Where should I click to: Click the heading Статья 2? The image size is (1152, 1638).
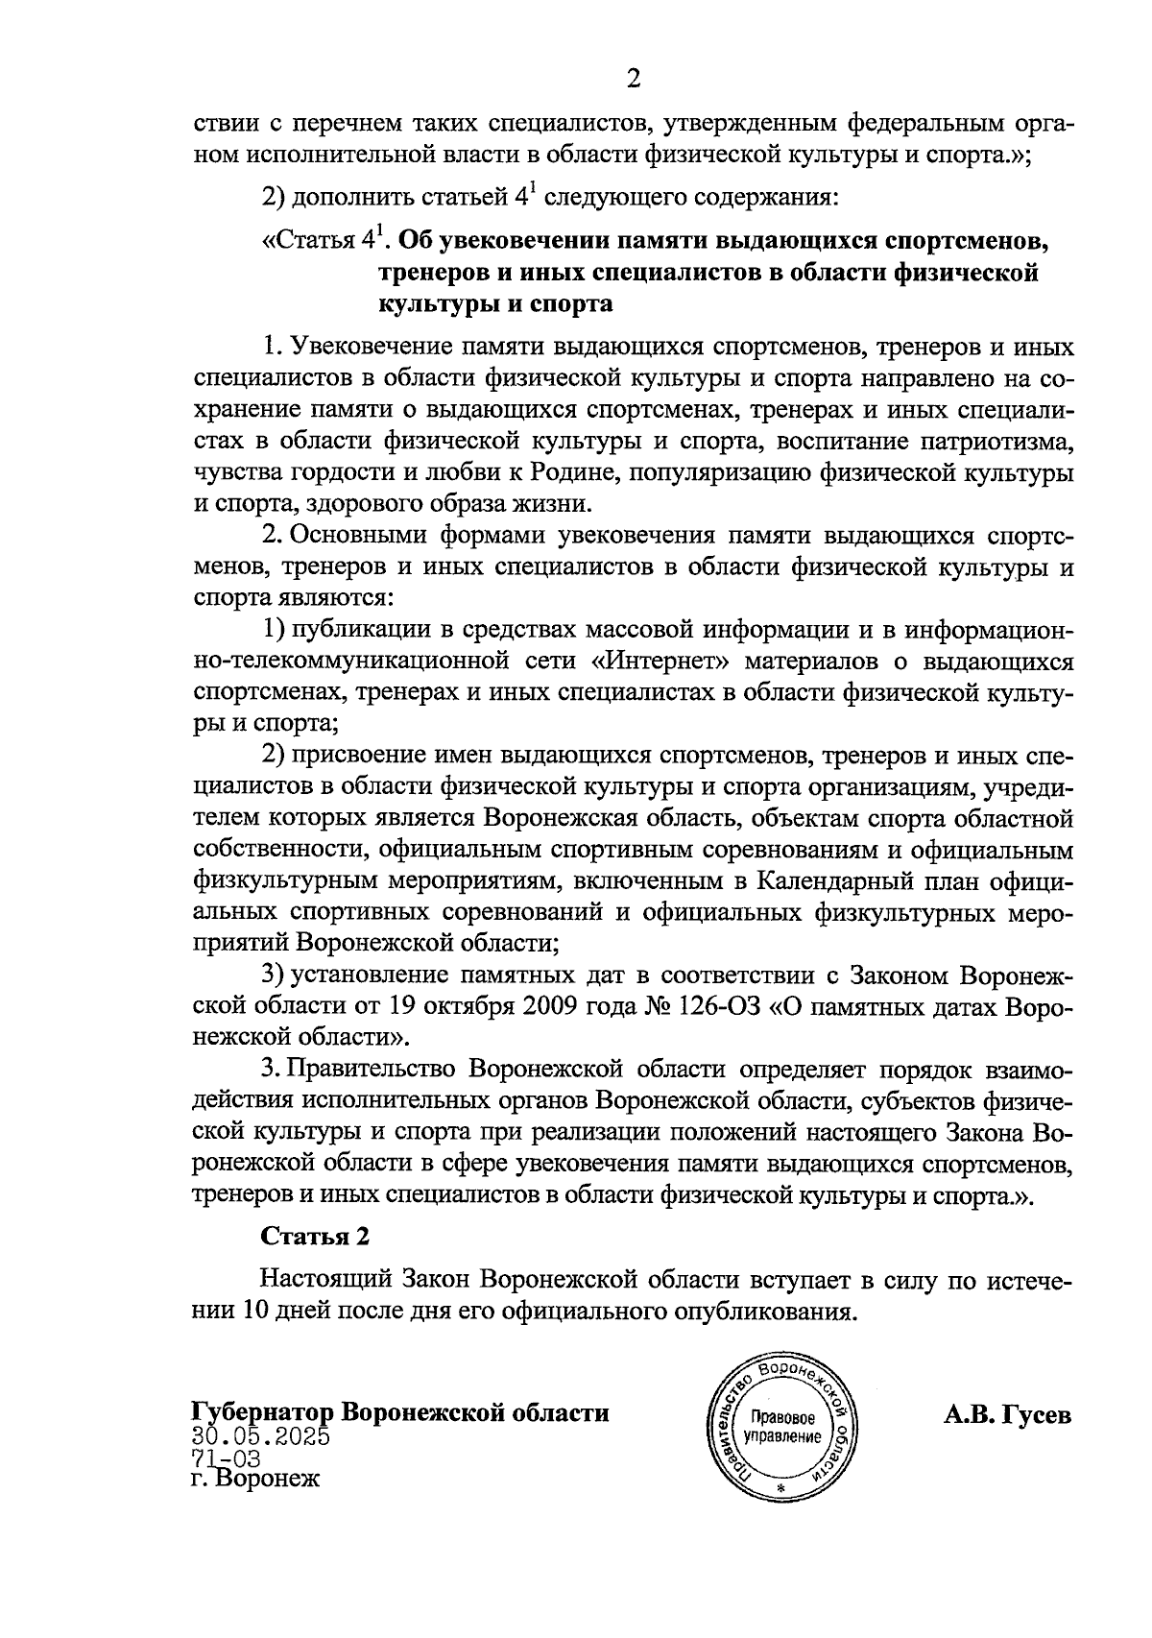click(316, 1236)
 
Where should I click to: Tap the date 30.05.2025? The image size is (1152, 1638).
click(261, 1437)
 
